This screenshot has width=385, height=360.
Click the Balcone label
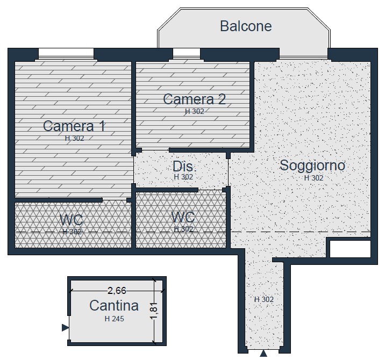[246, 26]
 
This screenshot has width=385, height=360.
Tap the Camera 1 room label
[74, 126]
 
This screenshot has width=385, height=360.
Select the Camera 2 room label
[194, 99]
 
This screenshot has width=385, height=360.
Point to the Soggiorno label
[312, 165]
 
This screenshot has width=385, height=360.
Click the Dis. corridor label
[184, 167]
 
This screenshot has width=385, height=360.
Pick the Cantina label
[114, 306]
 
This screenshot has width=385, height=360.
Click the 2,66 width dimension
[117, 291]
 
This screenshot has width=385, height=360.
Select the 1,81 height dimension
[155, 311]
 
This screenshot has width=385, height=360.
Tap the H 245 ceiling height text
[114, 319]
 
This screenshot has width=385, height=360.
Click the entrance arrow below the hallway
[263, 354]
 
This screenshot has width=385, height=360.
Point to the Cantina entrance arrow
[65, 328]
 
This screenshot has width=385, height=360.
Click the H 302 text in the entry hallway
[263, 299]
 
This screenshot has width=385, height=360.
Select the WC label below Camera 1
[72, 220]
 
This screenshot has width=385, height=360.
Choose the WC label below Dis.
[183, 217]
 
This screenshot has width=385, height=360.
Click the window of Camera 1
[66, 54]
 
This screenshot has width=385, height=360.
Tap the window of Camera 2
[187, 54]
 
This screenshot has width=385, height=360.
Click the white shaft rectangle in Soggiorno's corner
[350, 249]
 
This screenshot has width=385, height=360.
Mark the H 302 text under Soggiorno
[314, 178]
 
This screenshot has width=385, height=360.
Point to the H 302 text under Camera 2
[195, 111]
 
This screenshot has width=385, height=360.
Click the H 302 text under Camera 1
[74, 138]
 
